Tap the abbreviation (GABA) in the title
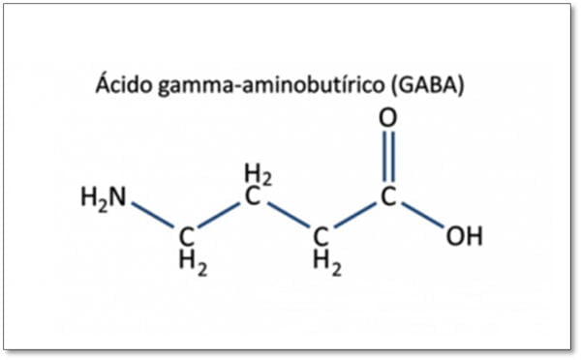pos(427,85)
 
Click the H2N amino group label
pos(104,198)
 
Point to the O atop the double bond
pos(388,118)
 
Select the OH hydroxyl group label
pos(465,237)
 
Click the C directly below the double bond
pos(388,196)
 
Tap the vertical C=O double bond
pos(388,157)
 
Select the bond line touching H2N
pos(152,215)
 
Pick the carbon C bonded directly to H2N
pos(187,237)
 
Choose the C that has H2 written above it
pos(253,196)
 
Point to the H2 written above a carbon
pos(259,175)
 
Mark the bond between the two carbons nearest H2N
pos(219,215)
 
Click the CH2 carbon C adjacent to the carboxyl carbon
pos(321,237)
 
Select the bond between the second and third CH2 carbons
pos(289,215)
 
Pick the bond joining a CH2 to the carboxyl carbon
pos(355,215)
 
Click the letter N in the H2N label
pos(117,196)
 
